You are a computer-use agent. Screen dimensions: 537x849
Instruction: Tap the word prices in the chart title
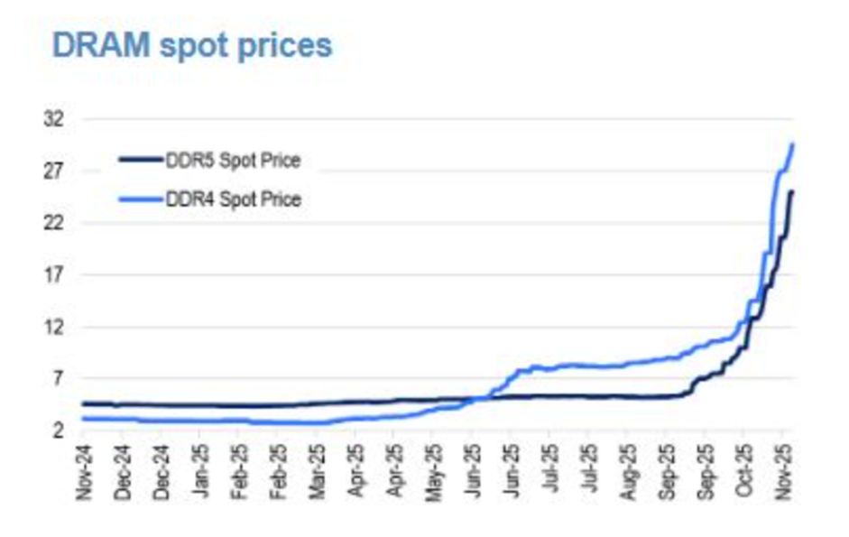pyautogui.click(x=289, y=46)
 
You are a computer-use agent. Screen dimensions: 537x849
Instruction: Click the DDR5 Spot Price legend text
pyautogui.click(x=233, y=162)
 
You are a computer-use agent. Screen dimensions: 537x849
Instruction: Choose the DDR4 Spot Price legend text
pyautogui.click(x=233, y=199)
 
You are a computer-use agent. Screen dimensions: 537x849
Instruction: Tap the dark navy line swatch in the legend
pyautogui.click(x=140, y=161)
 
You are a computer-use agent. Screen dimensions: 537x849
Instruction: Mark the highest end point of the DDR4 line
pyautogui.click(x=792, y=144)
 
